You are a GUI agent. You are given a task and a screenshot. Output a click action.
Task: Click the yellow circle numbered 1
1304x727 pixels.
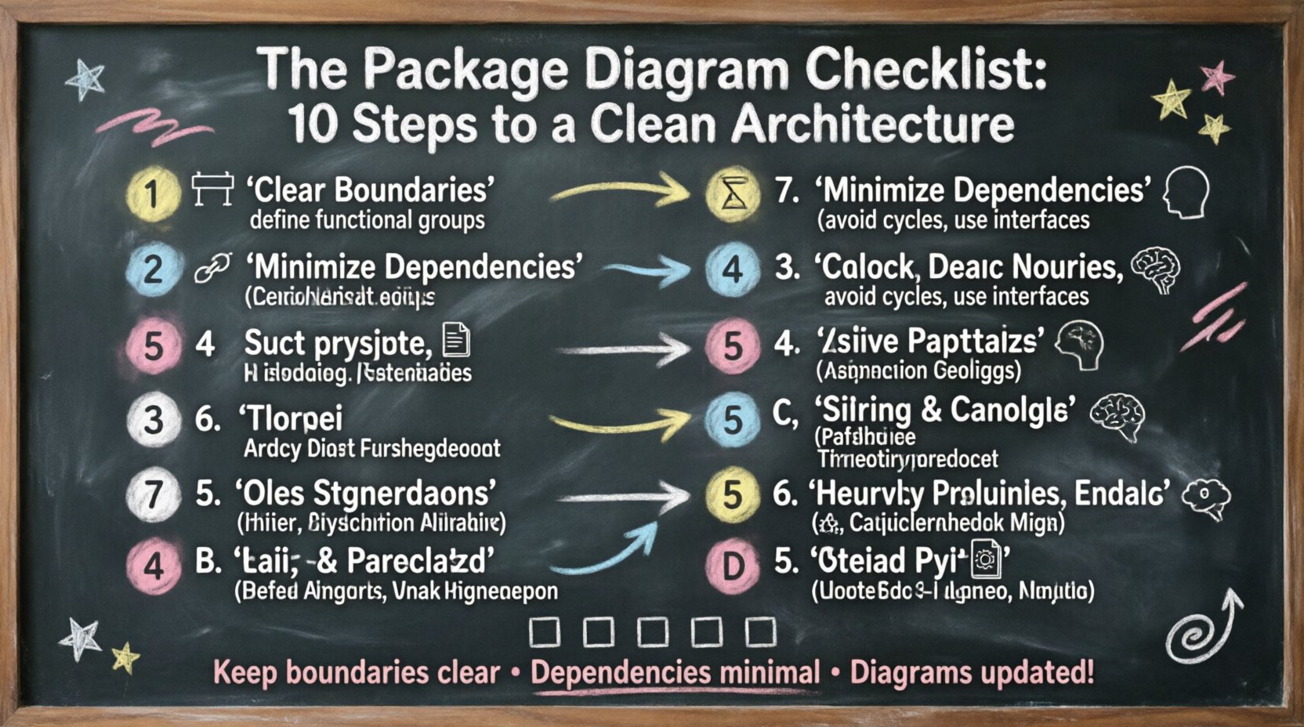point(152,193)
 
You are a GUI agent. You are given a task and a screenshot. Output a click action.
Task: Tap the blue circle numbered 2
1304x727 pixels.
point(152,269)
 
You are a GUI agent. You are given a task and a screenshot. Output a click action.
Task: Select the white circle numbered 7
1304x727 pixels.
point(152,494)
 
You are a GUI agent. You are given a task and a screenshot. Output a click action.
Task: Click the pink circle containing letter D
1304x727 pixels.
point(732,564)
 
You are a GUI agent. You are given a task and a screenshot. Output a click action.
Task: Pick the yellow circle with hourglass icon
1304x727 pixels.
point(733,193)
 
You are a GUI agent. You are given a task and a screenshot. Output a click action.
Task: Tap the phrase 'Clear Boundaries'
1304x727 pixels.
point(371,190)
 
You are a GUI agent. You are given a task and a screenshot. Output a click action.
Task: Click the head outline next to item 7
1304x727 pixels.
point(1185,192)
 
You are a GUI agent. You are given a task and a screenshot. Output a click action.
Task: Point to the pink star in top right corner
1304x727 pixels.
point(1216,78)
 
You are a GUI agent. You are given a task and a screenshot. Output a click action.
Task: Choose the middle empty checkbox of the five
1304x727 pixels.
point(653,631)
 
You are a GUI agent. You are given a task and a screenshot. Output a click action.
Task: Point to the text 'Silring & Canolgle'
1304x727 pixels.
point(944,410)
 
